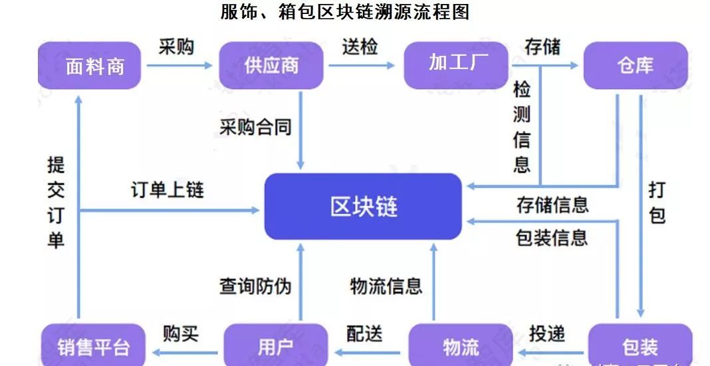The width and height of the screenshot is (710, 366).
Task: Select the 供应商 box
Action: (x=271, y=66)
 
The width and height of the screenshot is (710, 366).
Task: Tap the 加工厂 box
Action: (x=455, y=64)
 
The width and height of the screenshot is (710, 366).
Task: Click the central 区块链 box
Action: (x=363, y=206)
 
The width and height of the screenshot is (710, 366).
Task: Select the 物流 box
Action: (x=460, y=346)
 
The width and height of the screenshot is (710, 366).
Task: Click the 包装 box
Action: (x=640, y=346)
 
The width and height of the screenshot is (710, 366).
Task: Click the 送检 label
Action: (x=360, y=46)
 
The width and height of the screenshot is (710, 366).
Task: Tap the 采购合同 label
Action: (x=256, y=126)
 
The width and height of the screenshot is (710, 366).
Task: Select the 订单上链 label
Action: (x=168, y=190)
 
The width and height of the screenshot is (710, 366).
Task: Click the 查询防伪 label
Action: (x=256, y=286)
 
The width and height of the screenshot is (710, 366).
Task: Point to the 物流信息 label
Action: (x=386, y=286)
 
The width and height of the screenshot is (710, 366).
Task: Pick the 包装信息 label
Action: (x=552, y=237)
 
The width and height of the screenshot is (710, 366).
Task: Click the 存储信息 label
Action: (x=552, y=205)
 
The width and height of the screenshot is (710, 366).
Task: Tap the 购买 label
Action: (x=181, y=333)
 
